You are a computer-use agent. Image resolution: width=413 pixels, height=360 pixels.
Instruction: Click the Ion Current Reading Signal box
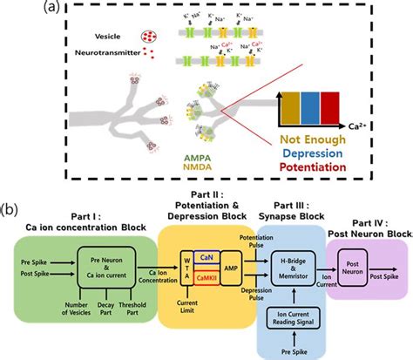(x=301, y=316)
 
